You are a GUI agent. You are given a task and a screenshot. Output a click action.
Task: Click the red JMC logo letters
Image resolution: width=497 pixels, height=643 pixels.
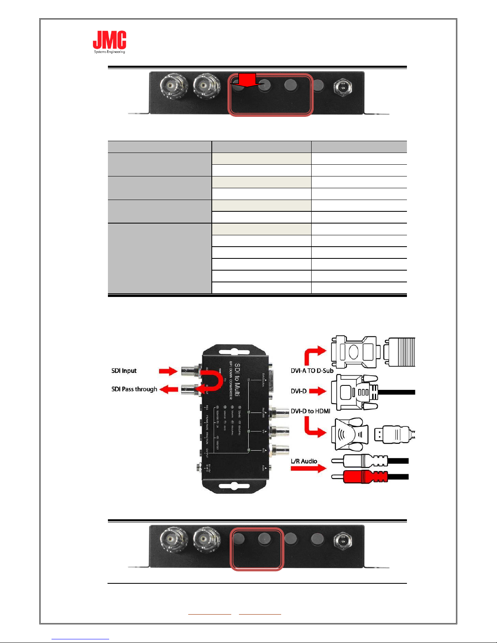(110, 40)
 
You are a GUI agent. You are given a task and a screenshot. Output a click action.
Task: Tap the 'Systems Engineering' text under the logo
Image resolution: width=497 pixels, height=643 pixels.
(110, 52)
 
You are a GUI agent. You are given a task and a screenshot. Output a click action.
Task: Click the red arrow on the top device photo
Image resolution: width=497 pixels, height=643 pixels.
(247, 80)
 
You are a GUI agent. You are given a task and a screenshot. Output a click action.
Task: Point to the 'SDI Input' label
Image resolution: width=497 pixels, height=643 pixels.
(124, 371)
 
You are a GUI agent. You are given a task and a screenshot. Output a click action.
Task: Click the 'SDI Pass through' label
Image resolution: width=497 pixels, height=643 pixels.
(134, 389)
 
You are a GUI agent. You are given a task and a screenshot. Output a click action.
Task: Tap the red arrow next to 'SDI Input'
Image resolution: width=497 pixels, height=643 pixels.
(168, 371)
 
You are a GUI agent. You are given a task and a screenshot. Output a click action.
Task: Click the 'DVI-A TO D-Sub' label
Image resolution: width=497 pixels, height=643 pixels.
(312, 370)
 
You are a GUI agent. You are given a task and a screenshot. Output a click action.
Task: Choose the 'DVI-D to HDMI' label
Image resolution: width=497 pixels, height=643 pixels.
(310, 411)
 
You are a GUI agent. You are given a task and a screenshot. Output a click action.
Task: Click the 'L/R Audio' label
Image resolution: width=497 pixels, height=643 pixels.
(304, 461)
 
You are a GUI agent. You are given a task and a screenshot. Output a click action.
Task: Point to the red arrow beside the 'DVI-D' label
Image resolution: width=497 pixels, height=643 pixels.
(318, 391)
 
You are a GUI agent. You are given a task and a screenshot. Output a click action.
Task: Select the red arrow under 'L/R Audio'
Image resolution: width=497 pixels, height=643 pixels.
(308, 469)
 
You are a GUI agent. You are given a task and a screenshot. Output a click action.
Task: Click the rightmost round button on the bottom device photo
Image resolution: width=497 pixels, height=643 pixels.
(317, 539)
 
